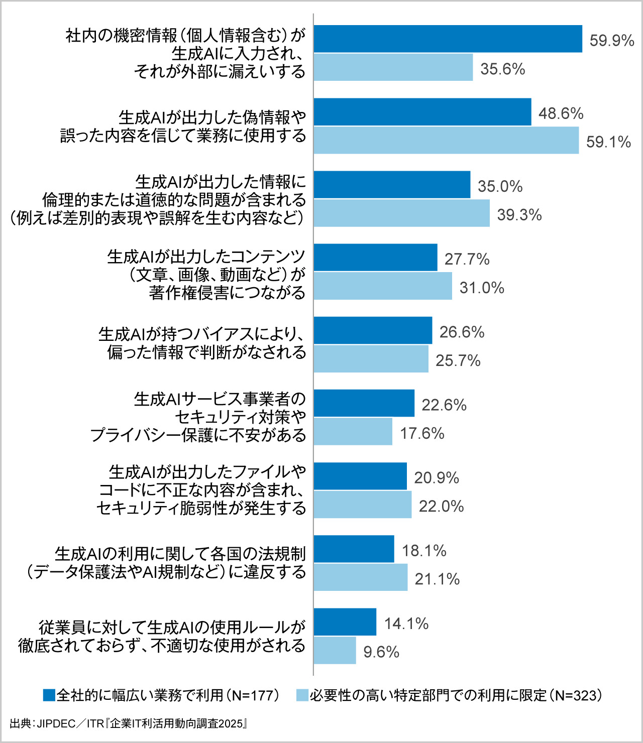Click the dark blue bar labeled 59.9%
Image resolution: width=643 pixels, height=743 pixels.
[448, 39]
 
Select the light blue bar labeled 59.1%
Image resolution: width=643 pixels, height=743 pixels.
[446, 140]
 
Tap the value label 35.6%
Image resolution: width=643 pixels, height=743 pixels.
[502, 69]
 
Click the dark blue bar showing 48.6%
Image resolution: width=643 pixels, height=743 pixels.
[422, 112]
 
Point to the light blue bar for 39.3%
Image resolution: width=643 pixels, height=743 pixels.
[401, 213]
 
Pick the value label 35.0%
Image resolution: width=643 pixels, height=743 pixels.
[500, 186]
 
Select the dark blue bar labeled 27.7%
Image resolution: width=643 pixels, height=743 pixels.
[375, 258]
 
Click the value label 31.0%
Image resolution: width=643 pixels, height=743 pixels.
[482, 288]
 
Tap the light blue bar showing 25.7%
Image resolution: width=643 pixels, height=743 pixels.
[371, 359]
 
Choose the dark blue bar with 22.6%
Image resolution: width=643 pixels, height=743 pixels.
[364, 403]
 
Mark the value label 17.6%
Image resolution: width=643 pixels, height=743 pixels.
[422, 433]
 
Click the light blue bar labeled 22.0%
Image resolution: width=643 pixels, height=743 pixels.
[362, 505]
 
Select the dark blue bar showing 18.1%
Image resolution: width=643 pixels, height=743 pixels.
[354, 549]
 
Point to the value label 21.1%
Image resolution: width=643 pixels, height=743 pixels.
[437, 579]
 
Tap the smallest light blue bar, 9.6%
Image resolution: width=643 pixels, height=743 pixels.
[335, 651]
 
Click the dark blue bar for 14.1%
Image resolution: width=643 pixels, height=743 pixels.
[345, 622]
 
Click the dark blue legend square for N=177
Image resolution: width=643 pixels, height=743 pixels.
[49, 695]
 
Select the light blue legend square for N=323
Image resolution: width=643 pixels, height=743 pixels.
[302, 695]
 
